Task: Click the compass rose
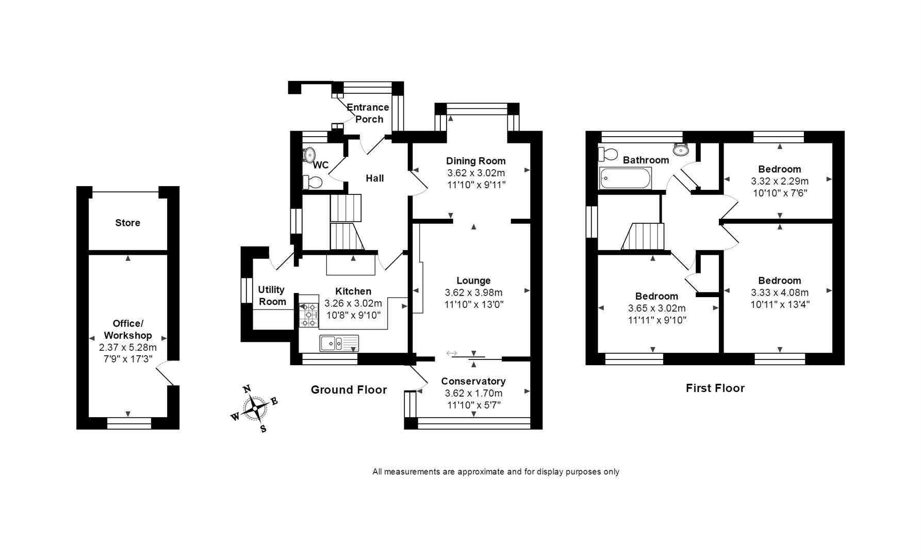(255, 409)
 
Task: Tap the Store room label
(127, 223)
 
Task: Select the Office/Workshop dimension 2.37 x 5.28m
(127, 348)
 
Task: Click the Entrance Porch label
(368, 113)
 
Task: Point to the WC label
(321, 165)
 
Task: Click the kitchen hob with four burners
(308, 314)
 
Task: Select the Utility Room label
(272, 296)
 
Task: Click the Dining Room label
(475, 161)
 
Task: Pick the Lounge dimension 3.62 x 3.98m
(473, 292)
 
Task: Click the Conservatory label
(473, 381)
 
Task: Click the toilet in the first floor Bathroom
(608, 154)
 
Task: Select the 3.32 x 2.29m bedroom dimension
(779, 181)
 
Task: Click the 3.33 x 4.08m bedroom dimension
(779, 292)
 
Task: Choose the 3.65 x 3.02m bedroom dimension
(656, 308)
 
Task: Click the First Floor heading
(715, 388)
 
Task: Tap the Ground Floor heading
(349, 390)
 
